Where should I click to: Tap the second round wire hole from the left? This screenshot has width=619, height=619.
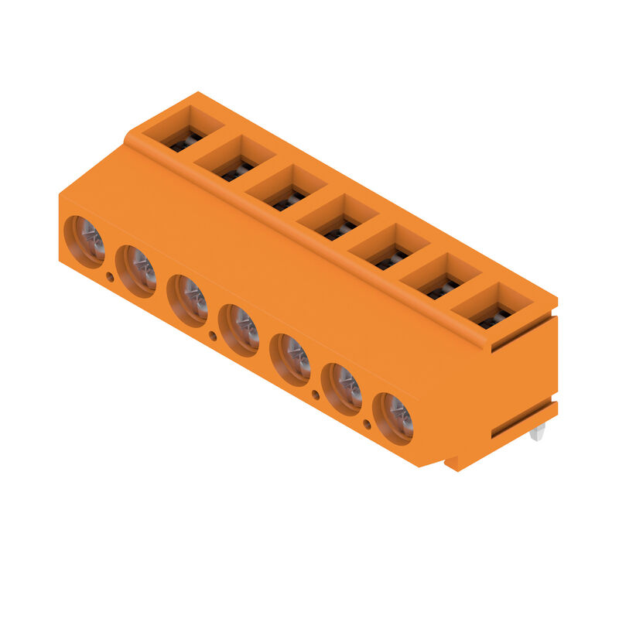click(x=136, y=271)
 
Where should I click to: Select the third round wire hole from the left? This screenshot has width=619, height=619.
click(x=187, y=300)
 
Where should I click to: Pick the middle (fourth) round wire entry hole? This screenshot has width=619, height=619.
click(x=238, y=330)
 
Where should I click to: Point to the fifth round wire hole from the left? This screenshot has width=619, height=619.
click(x=290, y=359)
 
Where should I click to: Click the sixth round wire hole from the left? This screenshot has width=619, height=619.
click(x=341, y=388)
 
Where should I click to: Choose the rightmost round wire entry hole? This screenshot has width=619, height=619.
click(x=393, y=418)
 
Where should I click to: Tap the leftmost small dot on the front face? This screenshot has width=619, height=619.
click(x=110, y=276)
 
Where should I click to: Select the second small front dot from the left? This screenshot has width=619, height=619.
click(x=213, y=335)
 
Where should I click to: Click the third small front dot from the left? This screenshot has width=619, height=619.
click(x=315, y=395)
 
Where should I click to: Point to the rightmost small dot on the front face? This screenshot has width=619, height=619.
click(x=367, y=424)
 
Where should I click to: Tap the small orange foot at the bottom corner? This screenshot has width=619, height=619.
click(x=452, y=463)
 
